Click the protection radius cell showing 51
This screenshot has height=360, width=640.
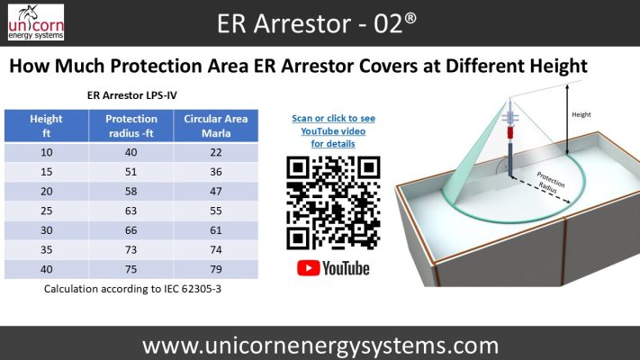131,170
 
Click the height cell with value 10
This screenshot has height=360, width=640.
46,151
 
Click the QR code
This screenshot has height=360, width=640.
332,203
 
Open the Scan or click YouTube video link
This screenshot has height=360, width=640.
333,131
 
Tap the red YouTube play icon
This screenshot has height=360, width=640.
307,268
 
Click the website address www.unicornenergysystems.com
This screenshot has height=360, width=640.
320,345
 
